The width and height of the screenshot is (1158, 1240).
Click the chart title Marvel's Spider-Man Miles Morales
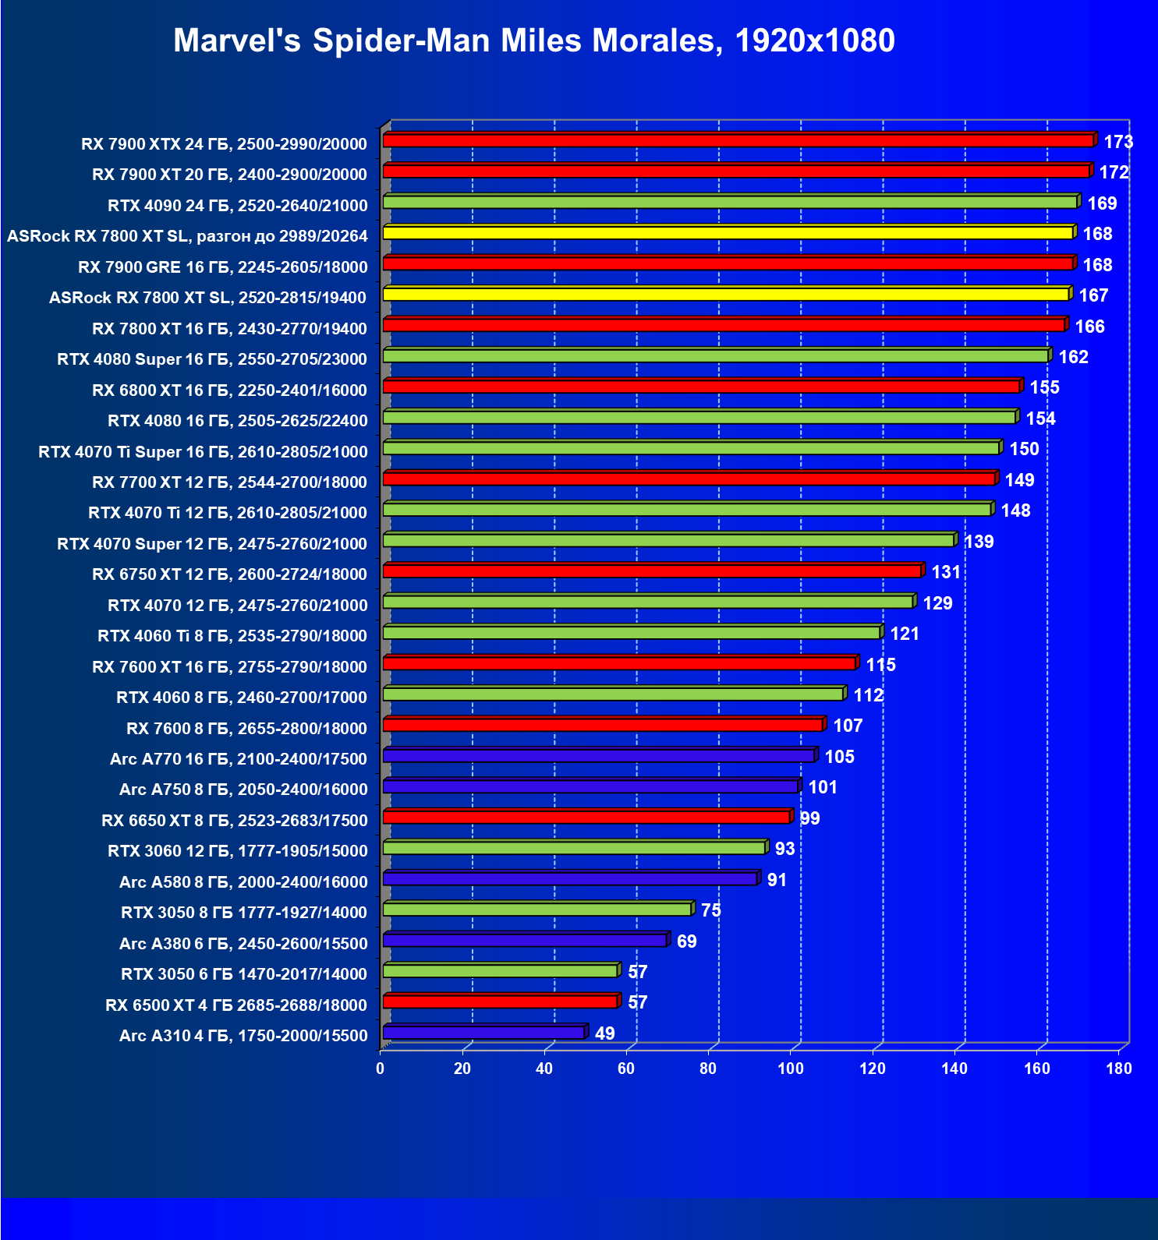(x=533, y=41)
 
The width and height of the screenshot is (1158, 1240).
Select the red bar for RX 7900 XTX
(x=738, y=140)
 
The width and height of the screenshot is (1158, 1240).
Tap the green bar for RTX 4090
(x=730, y=202)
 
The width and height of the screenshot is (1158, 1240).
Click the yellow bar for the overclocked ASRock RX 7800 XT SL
(x=728, y=233)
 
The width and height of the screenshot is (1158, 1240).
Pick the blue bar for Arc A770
(x=598, y=756)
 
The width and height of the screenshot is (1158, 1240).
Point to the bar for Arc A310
(x=483, y=1033)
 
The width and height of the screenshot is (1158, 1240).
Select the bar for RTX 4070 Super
(x=668, y=541)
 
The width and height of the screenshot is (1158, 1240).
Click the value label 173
(x=1117, y=142)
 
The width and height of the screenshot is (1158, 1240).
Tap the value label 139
(x=979, y=542)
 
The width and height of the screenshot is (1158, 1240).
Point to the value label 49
(x=604, y=1033)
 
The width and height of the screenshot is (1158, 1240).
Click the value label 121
(x=905, y=634)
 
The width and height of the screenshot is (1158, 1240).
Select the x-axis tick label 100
(x=790, y=1069)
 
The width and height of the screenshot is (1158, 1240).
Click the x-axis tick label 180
(x=1118, y=1069)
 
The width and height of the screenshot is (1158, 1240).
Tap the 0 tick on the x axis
(x=381, y=1069)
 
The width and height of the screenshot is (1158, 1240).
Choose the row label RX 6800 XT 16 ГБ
(x=229, y=390)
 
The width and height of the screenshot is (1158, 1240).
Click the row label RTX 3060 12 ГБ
(x=237, y=851)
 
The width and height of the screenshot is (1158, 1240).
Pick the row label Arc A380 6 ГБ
(x=243, y=944)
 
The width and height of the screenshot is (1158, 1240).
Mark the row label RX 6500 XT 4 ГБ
(x=235, y=1005)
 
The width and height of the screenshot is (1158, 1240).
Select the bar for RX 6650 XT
(x=586, y=817)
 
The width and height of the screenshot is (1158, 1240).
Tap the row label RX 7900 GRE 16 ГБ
(x=222, y=267)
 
